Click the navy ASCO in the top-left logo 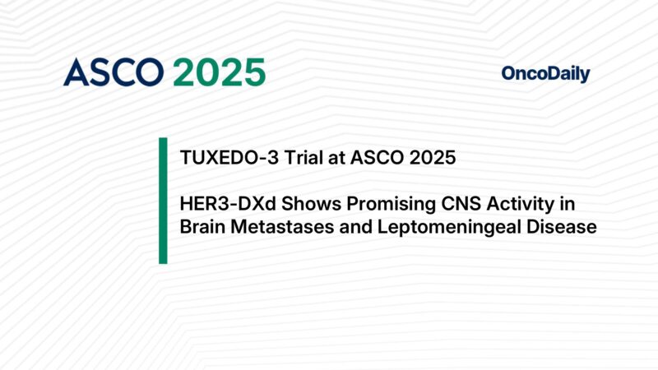[x=114, y=73]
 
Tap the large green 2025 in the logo [x=220, y=73]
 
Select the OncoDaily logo [x=545, y=74]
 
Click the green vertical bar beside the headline [x=163, y=201]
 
